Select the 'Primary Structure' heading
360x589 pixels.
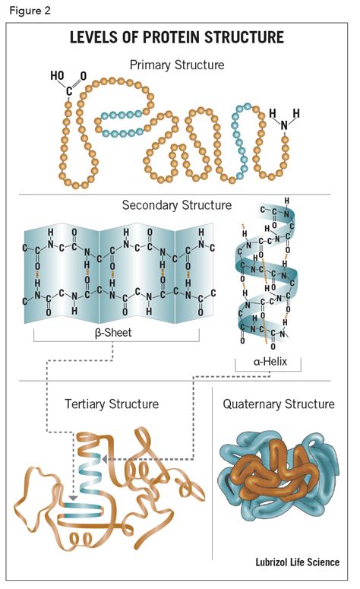(x=177, y=65)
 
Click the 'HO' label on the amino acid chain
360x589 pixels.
(x=57, y=76)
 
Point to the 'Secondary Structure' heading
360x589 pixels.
(x=177, y=205)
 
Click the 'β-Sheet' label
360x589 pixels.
(x=112, y=331)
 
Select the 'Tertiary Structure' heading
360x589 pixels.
(x=112, y=404)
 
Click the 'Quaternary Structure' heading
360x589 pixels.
(x=279, y=404)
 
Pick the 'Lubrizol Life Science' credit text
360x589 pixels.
(x=297, y=562)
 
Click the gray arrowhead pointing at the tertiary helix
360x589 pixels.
(x=106, y=459)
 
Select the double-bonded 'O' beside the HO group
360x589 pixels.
(x=83, y=76)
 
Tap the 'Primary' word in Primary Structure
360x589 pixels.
(x=152, y=65)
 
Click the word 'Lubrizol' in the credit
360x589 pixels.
(x=271, y=562)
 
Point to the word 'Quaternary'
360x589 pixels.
(x=253, y=404)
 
